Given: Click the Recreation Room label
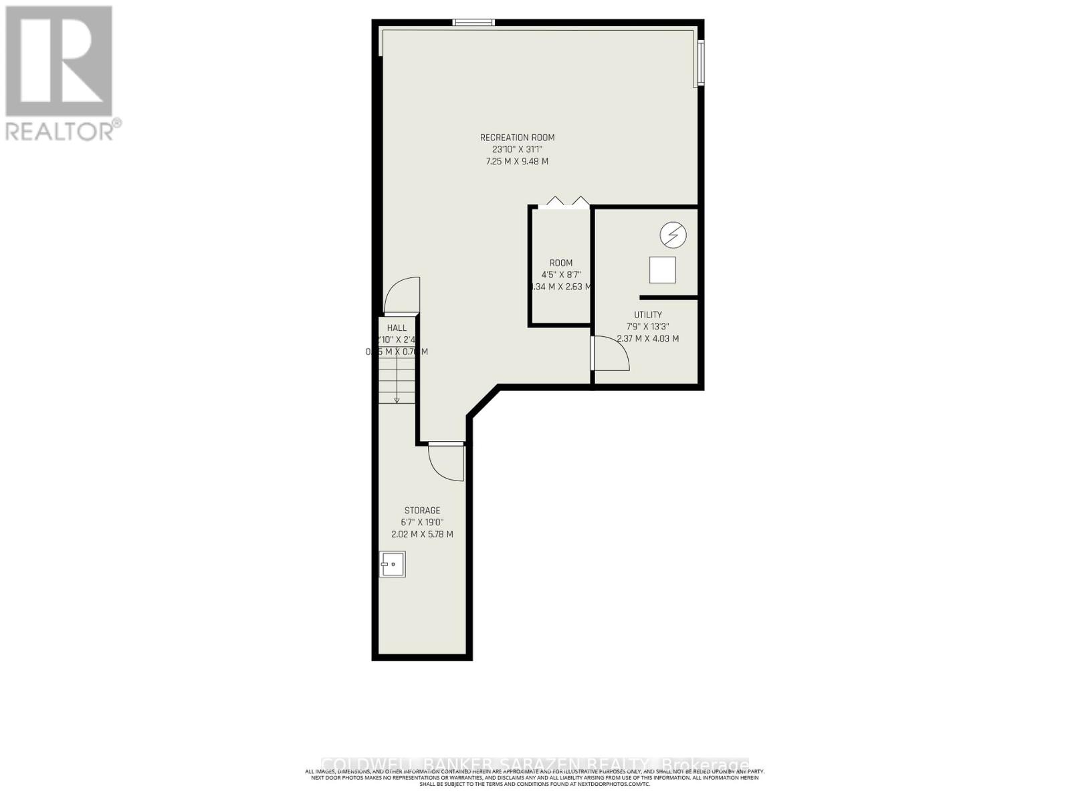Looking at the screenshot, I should click(x=517, y=138).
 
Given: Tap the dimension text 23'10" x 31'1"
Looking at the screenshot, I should click(x=517, y=150).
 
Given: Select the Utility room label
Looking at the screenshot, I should click(x=647, y=315).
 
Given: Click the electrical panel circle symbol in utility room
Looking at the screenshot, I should click(x=673, y=235).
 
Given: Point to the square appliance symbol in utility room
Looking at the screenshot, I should click(x=662, y=270).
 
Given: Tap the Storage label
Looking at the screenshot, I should click(x=422, y=511).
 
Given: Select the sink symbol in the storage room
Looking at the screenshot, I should click(x=393, y=564).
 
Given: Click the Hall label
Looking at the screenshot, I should click(x=397, y=328).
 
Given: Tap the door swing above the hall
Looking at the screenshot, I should click(x=403, y=296).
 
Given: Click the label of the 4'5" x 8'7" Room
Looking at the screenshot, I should click(x=561, y=263).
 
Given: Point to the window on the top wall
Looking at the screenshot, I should click(x=473, y=23).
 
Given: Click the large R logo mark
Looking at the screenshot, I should click(x=59, y=61).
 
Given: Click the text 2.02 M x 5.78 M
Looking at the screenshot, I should click(x=422, y=535).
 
